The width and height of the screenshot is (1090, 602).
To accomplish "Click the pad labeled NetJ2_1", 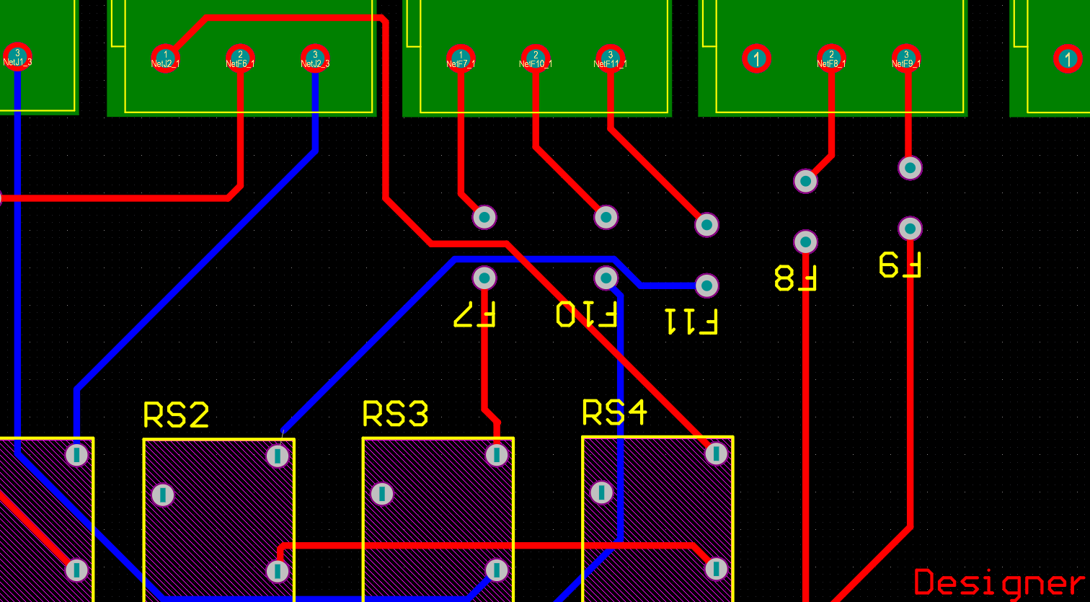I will coord(166,58).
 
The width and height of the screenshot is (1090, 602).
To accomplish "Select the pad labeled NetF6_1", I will coord(240,58).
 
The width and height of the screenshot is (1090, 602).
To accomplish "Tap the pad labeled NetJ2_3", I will coord(315,58).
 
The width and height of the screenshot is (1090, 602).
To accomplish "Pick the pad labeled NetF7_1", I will coord(461,58).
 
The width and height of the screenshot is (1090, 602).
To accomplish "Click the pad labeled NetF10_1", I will coord(536,58).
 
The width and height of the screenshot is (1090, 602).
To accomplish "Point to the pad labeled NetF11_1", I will coord(611,58).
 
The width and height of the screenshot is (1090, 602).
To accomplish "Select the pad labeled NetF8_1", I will coord(831,58).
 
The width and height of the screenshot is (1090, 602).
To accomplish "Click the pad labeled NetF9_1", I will coord(906,58).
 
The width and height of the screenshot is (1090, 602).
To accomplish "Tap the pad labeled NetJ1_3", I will coord(17,56).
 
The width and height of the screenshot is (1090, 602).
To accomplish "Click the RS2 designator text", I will coord(177,415).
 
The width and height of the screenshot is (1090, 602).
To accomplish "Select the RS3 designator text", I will coord(395,414).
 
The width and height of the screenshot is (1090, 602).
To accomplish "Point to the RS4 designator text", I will coord(614,412).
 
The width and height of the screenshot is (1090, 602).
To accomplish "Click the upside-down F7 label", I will coord(474,314).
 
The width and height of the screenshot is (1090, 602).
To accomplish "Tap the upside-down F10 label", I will coord(586,314).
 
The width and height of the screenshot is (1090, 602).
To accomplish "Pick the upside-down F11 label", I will coord(691,322).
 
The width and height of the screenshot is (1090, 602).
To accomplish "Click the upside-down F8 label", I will coord(795,278).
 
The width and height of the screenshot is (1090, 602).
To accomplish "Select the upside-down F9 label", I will coord(900,265).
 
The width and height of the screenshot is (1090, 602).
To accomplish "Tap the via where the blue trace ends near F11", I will coord(706,285).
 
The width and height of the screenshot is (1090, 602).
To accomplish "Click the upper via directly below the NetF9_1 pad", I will coord(910,168).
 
